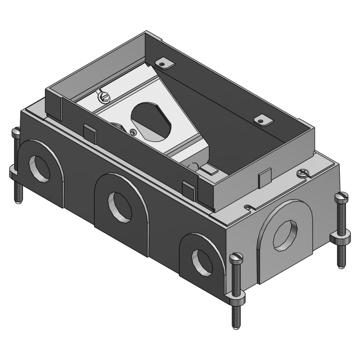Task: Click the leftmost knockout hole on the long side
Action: tap(39, 168)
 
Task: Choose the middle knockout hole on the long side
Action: tap(120, 207)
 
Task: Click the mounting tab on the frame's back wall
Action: tap(165, 64)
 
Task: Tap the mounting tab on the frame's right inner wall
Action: tap(263, 121)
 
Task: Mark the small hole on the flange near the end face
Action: tap(247, 207)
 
